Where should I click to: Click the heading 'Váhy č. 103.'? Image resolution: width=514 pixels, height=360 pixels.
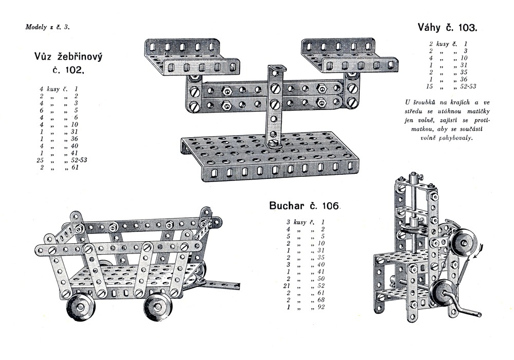(x=448, y=27)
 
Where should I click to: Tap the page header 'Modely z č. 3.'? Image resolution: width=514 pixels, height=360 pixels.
(x=47, y=27)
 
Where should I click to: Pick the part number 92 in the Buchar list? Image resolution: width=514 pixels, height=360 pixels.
(x=320, y=307)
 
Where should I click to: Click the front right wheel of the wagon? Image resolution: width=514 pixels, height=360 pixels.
(x=157, y=306)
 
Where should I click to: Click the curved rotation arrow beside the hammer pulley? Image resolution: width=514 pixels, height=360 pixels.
(x=479, y=250)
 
